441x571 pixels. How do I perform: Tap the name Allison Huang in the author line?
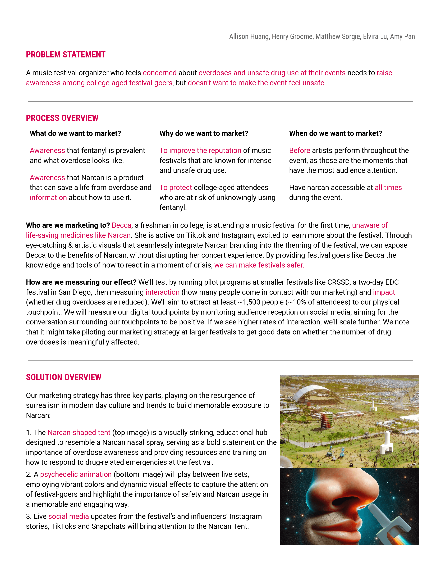coord(249,37)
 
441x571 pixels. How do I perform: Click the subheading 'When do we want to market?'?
coord(336,133)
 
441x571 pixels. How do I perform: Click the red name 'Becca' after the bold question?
coord(121,225)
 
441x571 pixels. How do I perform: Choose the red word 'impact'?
coord(384,292)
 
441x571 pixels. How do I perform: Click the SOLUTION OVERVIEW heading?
coord(63,377)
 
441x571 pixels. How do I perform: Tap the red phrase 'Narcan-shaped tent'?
coord(79,433)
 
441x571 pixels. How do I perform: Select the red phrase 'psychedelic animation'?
coord(76,474)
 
